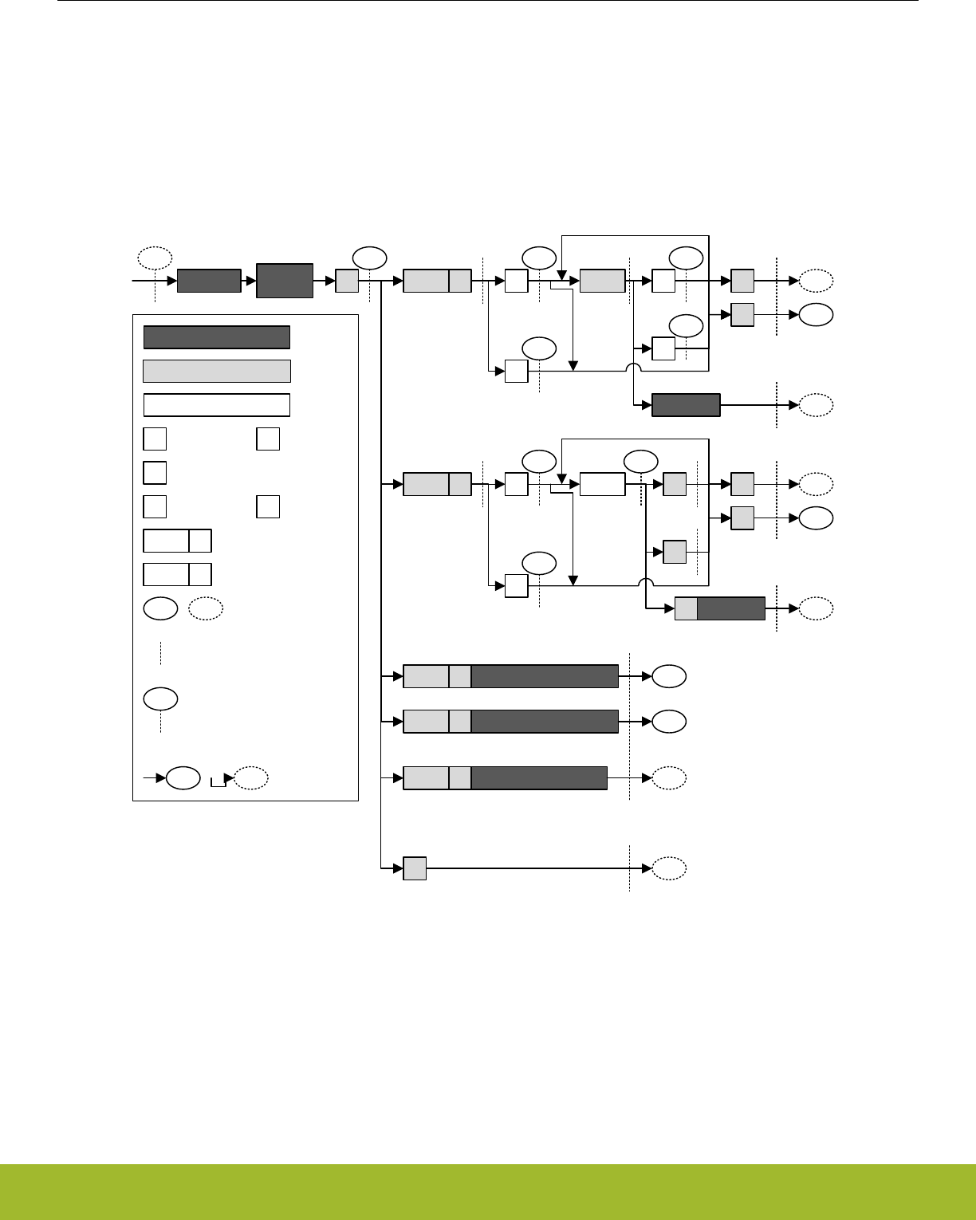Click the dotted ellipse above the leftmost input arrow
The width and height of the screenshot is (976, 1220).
coord(155,258)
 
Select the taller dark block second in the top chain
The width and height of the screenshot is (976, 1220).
coord(284,281)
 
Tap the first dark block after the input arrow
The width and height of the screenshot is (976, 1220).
coord(208,281)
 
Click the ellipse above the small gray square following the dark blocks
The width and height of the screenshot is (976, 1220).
coord(369,258)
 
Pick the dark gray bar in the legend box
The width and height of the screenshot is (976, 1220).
coord(216,337)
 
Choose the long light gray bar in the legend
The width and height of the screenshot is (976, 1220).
coord(216,371)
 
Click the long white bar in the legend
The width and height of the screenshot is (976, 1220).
coord(216,405)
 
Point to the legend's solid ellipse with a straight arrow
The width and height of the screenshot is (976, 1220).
coord(183,778)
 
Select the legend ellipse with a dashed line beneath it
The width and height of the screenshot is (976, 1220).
coord(160,699)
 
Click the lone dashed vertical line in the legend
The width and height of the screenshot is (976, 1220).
coord(160,651)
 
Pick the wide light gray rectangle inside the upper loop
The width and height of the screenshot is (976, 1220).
coord(602,281)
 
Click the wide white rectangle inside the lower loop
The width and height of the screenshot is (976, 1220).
coord(602,484)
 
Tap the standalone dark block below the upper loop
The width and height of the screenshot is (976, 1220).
coord(686,405)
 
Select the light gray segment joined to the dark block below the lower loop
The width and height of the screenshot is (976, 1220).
coord(686,608)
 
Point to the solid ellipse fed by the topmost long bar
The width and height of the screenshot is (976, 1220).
coord(669,676)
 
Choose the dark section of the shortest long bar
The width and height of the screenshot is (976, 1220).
coord(539,777)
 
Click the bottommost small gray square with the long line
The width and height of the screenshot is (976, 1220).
coord(415,868)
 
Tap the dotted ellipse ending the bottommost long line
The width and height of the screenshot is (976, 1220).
coord(669,868)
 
